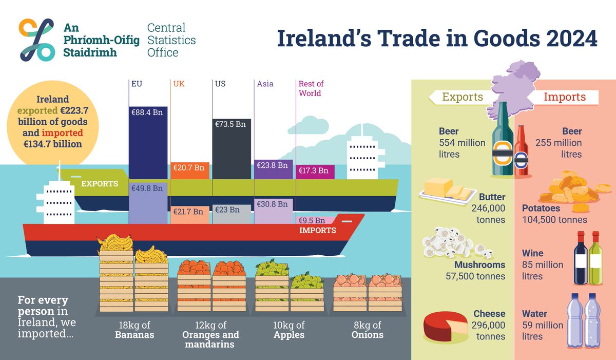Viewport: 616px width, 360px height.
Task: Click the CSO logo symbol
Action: coord(36,40)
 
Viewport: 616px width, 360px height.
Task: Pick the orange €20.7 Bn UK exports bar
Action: coord(189,170)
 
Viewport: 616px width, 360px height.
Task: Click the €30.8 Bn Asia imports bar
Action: coord(273,211)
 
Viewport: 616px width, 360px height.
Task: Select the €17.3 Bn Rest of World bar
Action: coord(315,172)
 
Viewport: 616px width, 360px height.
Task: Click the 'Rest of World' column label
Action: coord(311,88)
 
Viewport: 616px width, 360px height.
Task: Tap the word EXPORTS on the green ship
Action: coord(100,183)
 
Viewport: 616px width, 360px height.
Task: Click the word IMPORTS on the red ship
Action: coord(317,230)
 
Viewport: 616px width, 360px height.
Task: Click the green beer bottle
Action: coord(503,144)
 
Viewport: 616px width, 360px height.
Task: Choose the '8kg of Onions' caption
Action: coord(367,330)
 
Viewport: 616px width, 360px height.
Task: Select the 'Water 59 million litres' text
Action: coord(543,325)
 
